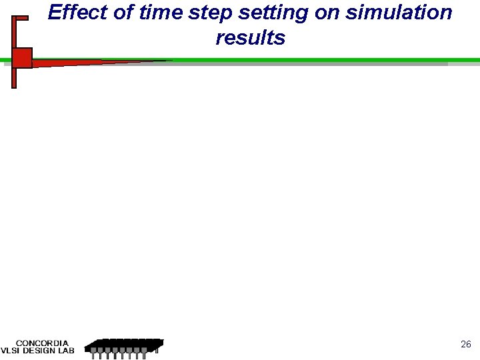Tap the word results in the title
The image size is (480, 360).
tap(250, 38)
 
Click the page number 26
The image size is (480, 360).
tap(466, 345)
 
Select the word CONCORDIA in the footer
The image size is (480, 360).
tap(42, 343)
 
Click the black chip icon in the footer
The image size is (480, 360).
tap(125, 345)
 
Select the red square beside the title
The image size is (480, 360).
tap(22, 58)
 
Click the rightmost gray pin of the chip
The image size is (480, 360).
tap(157, 350)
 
